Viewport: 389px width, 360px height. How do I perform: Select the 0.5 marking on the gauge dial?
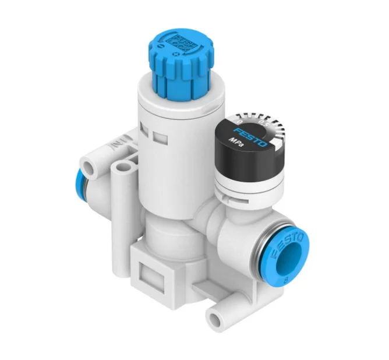[262, 122]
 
